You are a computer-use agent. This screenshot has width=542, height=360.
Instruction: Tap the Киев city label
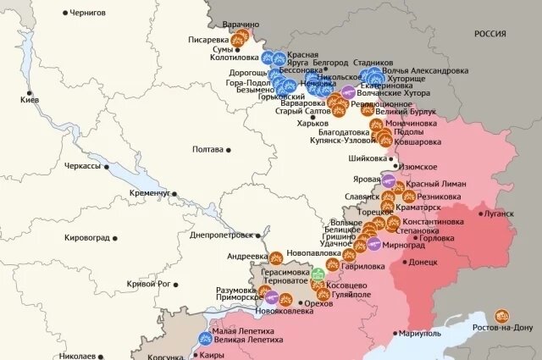pos(30,100)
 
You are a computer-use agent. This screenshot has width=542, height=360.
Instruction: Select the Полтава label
pos(208,149)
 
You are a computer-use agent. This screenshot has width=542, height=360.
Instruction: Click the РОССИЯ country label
pos(489,34)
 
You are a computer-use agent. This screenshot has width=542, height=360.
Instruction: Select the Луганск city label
pos(498,213)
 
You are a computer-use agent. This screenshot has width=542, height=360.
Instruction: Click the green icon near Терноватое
pos(318,274)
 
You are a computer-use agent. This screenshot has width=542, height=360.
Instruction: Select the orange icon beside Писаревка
pos(240,39)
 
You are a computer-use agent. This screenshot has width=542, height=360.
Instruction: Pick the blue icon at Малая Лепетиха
pos(204,338)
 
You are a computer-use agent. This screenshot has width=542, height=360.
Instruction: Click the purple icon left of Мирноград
pos(373,245)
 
